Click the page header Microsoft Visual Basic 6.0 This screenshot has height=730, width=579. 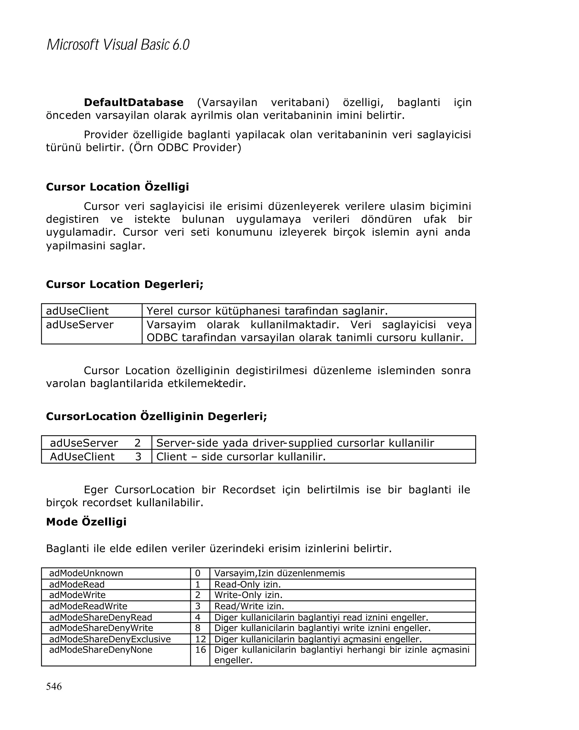(118, 45)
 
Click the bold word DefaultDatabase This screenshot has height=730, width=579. (133, 102)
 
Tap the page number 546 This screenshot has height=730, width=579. (54, 686)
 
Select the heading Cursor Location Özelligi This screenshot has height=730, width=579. (117, 187)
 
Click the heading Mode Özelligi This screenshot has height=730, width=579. (86, 522)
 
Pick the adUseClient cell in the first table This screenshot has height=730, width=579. (77, 311)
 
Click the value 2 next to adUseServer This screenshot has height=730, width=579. (137, 443)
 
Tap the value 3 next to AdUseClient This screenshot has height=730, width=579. (138, 457)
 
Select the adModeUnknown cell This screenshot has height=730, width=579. (86, 573)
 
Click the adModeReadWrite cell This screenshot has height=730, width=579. (88, 606)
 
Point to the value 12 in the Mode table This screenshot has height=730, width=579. (200, 639)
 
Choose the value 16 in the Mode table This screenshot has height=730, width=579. (200, 650)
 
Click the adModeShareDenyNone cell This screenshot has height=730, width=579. (101, 650)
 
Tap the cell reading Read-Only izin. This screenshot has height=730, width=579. (248, 585)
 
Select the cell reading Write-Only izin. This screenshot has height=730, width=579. (248, 595)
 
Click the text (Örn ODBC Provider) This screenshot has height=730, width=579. (185, 148)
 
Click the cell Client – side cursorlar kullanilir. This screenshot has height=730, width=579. (241, 457)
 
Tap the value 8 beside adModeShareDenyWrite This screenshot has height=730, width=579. (198, 628)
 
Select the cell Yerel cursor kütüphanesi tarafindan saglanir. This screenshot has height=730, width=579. (267, 311)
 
